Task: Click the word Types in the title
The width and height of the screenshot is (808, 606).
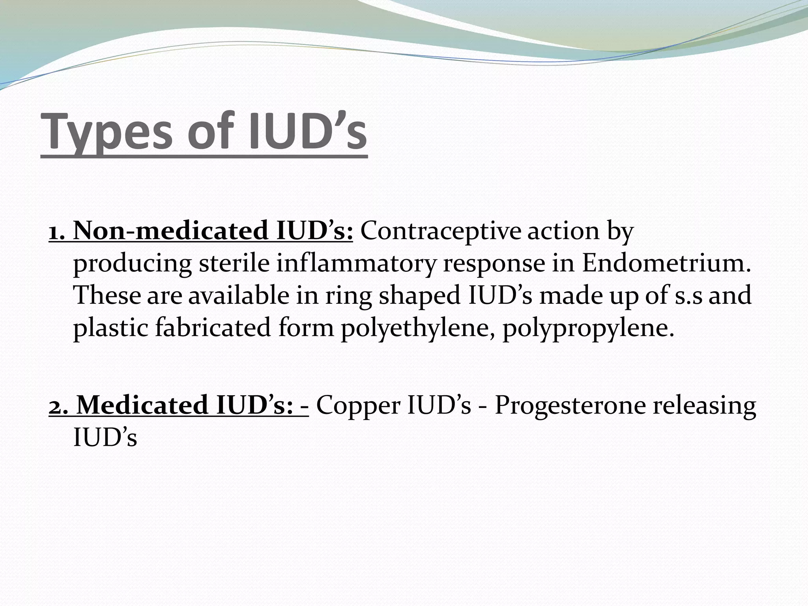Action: [x=107, y=132]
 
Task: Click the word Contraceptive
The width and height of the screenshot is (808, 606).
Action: [x=440, y=232]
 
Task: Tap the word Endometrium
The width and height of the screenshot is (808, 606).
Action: [x=666, y=263]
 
